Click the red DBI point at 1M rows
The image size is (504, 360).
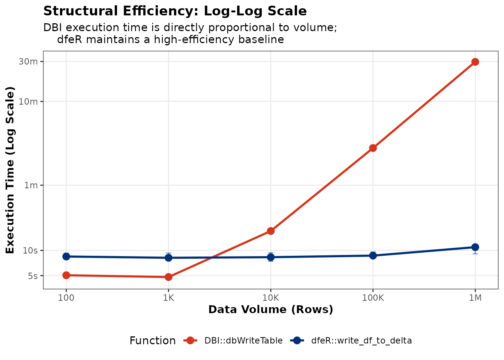click(x=475, y=62)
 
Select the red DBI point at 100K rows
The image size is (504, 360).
click(x=373, y=148)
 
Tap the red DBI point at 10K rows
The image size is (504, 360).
click(x=270, y=231)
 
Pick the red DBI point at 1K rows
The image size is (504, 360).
click(x=168, y=277)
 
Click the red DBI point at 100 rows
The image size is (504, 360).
click(x=66, y=275)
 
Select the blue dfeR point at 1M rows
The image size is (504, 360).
click(x=475, y=247)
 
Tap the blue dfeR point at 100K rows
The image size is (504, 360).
click(x=373, y=256)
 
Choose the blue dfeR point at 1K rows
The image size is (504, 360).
click(x=168, y=258)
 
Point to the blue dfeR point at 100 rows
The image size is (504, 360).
click(x=66, y=256)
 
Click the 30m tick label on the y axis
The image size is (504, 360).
click(x=28, y=61)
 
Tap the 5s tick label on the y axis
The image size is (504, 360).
click(x=33, y=276)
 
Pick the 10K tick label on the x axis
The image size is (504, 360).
click(x=270, y=298)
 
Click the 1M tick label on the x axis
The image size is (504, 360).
click(x=475, y=298)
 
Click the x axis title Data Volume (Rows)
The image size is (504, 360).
click(x=270, y=310)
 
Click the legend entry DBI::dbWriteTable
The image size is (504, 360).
click(x=243, y=341)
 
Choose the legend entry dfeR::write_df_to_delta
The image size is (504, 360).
click(x=361, y=341)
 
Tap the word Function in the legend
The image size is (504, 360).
click(x=152, y=341)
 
